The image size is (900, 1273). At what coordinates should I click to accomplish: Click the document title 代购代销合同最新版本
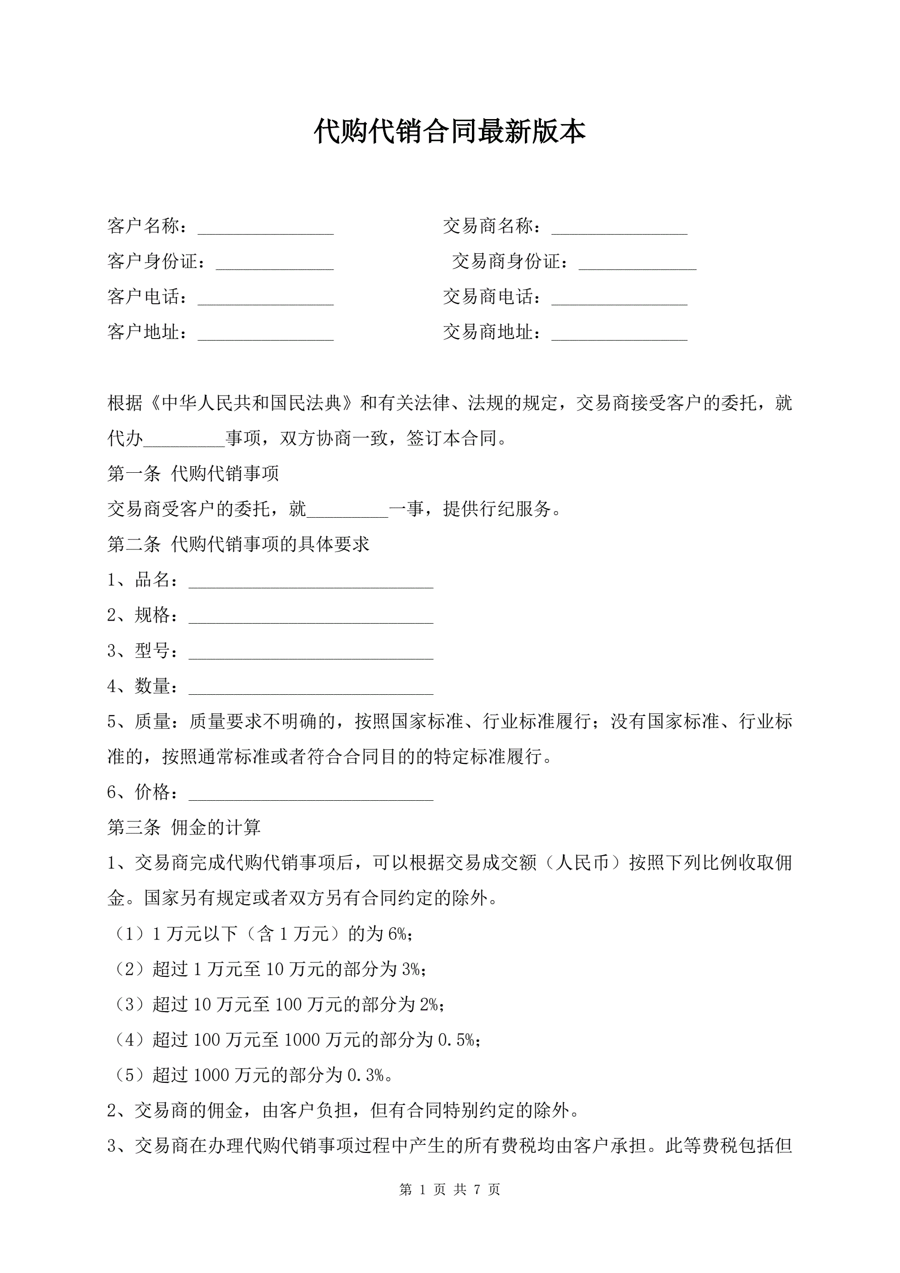click(449, 132)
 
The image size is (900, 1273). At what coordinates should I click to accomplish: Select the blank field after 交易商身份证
click(637, 263)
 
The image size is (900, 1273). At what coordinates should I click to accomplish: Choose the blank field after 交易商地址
click(619, 335)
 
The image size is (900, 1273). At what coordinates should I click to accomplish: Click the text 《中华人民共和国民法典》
click(251, 403)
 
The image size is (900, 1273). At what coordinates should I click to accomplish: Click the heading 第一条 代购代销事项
click(193, 473)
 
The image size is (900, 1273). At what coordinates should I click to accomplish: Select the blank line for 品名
click(311, 582)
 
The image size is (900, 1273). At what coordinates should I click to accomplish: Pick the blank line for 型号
click(311, 652)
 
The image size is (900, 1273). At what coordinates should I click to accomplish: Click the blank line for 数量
click(311, 688)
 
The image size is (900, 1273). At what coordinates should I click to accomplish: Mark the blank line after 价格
click(311, 795)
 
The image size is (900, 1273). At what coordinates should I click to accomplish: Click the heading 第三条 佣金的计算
click(184, 828)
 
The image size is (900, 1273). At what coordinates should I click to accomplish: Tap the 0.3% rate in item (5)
click(366, 1076)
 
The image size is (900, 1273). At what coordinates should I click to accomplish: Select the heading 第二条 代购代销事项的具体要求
click(238, 544)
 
